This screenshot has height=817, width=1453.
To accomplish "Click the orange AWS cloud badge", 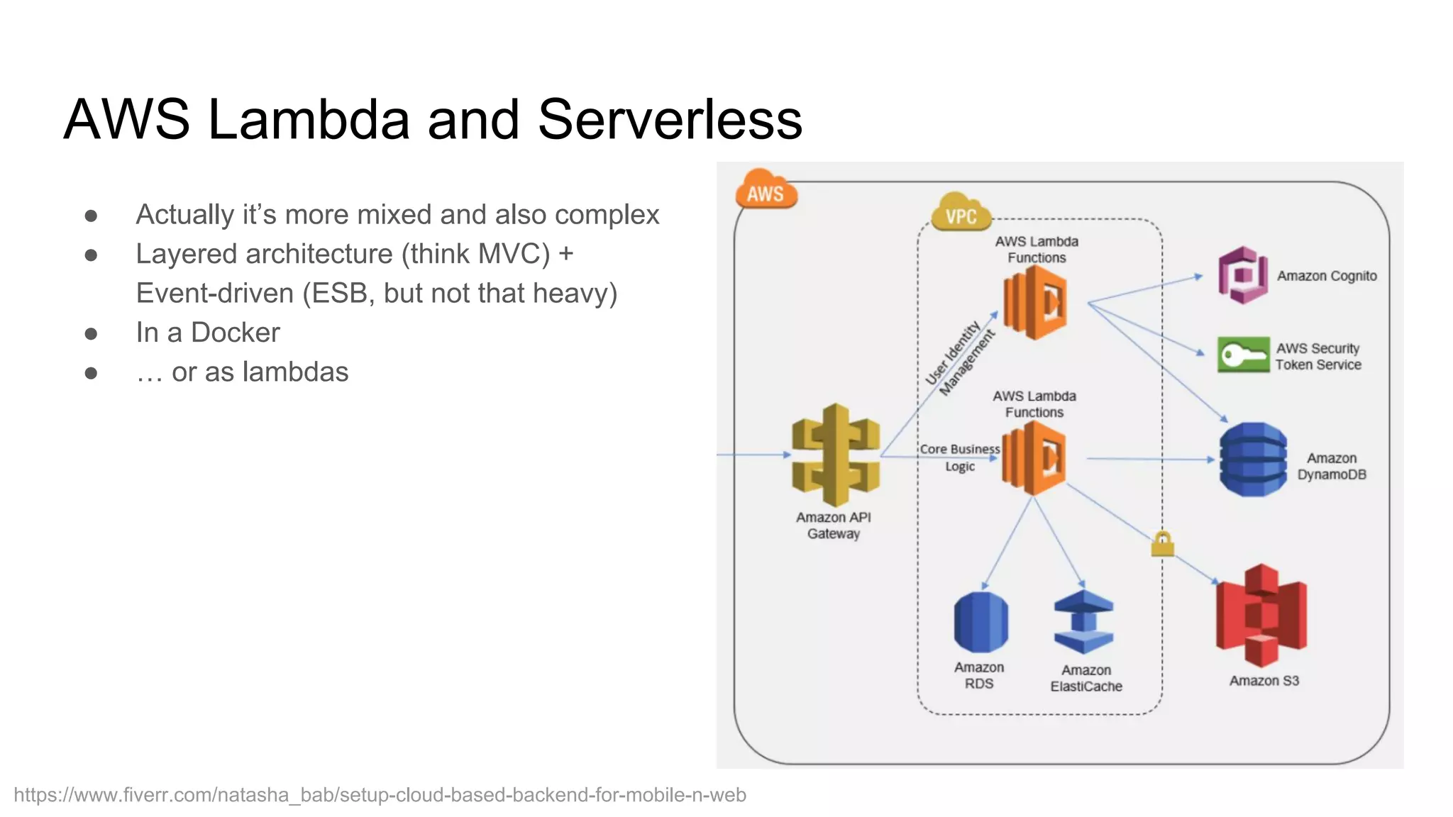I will click(x=766, y=190).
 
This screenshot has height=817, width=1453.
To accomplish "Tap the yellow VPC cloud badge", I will click(x=961, y=213).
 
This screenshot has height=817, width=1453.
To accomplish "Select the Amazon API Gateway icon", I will click(x=836, y=455).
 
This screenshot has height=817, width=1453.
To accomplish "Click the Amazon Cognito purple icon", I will click(x=1242, y=275).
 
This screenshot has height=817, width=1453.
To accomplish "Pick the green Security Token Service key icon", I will click(x=1243, y=355).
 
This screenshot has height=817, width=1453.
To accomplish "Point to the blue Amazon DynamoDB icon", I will click(x=1253, y=460).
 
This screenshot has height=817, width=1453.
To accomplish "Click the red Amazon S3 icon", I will click(x=1261, y=615).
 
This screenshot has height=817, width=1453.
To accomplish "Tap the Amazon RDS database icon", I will click(x=980, y=622).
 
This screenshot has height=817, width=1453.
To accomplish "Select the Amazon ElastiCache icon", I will click(x=1083, y=622).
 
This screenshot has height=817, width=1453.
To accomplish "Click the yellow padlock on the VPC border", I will click(x=1162, y=545).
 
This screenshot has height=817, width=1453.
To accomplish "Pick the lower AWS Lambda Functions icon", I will click(x=1034, y=458).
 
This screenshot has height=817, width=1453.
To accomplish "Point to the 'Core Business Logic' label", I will click(x=960, y=457).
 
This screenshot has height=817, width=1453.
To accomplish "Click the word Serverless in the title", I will click(x=670, y=119).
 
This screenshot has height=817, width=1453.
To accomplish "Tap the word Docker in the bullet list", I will click(x=236, y=333).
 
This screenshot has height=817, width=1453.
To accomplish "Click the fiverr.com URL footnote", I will click(x=380, y=795).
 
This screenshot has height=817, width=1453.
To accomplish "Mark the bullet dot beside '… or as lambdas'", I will click(x=91, y=372).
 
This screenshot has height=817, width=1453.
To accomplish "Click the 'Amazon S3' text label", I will click(x=1264, y=681).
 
